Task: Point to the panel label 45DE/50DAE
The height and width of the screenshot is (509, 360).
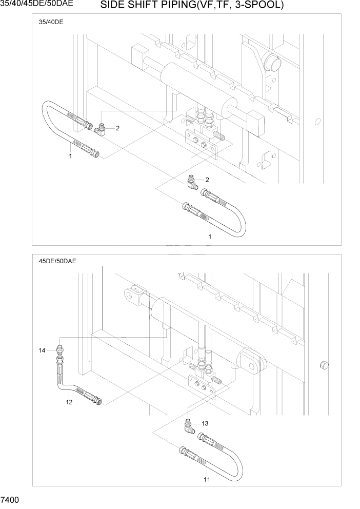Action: (x=57, y=261)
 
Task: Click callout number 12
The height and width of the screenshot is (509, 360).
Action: (x=69, y=402)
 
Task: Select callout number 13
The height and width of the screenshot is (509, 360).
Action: (x=205, y=423)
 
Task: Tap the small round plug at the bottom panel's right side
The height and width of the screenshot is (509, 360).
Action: (x=323, y=365)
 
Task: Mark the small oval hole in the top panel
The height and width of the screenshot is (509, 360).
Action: (x=318, y=122)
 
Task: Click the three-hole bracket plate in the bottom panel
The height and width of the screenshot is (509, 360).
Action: (x=203, y=386)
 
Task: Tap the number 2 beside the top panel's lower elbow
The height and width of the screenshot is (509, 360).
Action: (x=207, y=180)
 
